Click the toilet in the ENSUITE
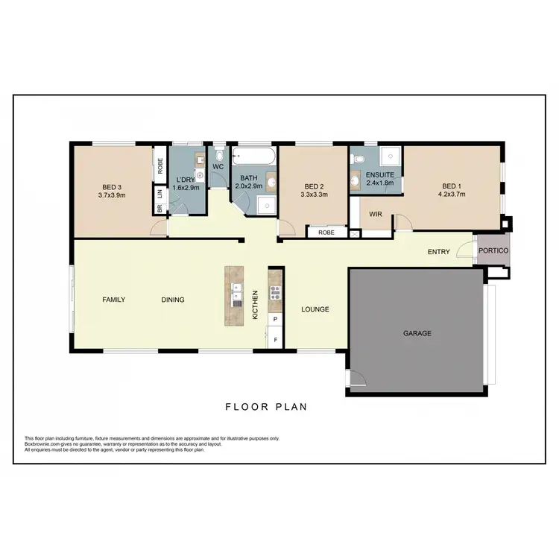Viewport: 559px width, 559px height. tap(359, 159)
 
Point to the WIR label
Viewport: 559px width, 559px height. tap(376, 215)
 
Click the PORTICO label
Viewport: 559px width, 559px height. tap(493, 251)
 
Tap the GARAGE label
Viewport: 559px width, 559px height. tap(417, 333)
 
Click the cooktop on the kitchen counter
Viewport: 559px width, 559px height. tap(275, 291)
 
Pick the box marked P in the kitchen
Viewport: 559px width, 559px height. tap(275, 320)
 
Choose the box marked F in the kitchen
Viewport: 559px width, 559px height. tap(275, 340)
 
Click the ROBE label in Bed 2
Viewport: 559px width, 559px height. tap(326, 233)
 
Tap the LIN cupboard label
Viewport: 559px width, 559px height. tap(160, 193)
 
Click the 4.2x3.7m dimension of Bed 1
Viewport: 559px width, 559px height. tap(452, 195)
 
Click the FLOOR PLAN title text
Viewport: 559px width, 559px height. tap(265, 407)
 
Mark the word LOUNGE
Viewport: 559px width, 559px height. tap(315, 309)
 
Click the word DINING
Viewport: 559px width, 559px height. tap(172, 300)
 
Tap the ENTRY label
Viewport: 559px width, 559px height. tap(438, 252)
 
